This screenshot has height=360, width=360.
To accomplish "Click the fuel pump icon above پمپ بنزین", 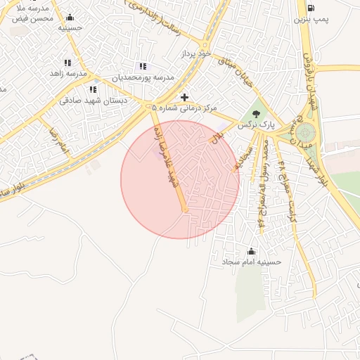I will point(310,7).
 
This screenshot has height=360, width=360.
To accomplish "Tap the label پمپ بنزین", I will point(330,15).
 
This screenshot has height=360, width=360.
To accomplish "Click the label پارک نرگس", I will point(255,124).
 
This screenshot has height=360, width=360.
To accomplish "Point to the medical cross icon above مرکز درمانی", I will point(185,97).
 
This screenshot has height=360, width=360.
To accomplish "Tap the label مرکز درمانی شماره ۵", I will point(185,108).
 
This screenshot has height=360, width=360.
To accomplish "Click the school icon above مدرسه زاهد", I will point(67,63).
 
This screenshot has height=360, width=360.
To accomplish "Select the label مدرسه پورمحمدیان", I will point(143,77).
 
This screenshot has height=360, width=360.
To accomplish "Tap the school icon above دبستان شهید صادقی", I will point(93,89).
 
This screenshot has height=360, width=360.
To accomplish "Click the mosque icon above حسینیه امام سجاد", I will point(251,251).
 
